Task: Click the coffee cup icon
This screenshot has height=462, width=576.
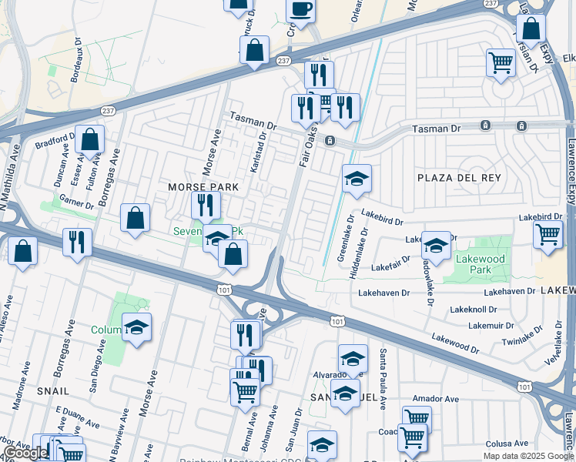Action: point(300,9)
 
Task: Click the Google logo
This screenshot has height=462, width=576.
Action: point(25,453)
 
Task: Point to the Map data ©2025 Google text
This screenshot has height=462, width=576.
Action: point(528,456)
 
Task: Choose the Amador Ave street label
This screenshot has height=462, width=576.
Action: point(435,399)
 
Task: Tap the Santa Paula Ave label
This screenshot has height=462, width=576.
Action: point(383,370)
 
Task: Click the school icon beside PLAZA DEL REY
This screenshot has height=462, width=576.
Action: point(357,179)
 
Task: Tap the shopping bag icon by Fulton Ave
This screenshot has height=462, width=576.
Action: point(90,140)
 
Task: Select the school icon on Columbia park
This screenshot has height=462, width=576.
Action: point(136,327)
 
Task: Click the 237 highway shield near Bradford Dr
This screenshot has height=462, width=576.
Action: point(109,111)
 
